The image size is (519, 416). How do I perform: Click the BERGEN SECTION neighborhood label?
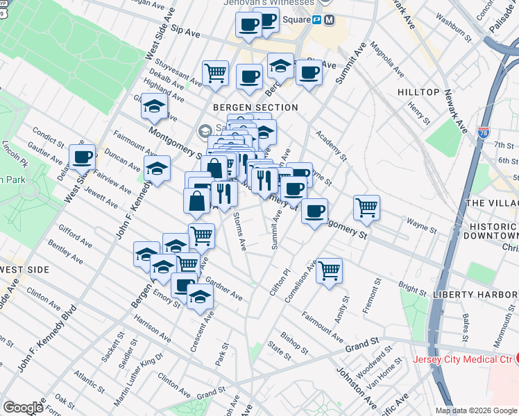click(x=255, y=107)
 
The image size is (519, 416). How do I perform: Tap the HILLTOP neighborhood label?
click(x=418, y=92)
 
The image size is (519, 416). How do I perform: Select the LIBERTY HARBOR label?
click(x=475, y=295)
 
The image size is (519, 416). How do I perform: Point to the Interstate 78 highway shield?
click(x=484, y=131)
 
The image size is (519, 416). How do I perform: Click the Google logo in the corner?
click(x=22, y=408)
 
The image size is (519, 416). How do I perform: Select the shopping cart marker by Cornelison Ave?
click(x=329, y=270)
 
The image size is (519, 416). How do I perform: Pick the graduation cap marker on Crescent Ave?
click(x=200, y=296)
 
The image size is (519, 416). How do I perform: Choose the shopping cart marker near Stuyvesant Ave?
click(x=216, y=71)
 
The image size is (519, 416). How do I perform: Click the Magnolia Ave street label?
click(x=387, y=60)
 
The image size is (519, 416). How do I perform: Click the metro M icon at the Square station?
click(x=328, y=19)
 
